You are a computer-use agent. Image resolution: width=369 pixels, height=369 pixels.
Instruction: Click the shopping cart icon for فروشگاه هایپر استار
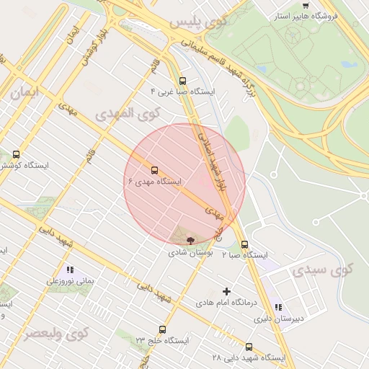(x=306, y=6)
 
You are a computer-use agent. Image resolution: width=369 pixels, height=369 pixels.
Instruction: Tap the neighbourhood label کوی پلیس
(x=198, y=22)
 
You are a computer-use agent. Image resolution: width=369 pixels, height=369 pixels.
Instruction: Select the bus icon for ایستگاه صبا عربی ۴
(x=182, y=81)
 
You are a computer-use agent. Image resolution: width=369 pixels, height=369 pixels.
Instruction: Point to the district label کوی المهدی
(x=125, y=114)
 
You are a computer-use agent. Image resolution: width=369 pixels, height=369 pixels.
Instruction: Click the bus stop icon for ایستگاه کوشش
(x=17, y=154)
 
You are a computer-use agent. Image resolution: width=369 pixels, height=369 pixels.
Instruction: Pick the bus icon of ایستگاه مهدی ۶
(x=154, y=171)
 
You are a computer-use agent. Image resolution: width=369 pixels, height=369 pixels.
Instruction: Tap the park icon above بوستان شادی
(x=190, y=241)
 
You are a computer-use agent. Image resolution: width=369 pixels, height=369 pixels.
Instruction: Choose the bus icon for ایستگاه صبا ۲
(x=244, y=244)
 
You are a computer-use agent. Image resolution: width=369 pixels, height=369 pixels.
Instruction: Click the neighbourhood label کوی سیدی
(x=324, y=270)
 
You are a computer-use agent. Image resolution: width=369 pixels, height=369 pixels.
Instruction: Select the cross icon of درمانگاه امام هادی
(x=227, y=292)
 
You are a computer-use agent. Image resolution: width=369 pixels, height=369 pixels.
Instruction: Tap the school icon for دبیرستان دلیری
(x=278, y=308)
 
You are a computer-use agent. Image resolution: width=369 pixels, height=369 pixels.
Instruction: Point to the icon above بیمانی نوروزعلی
(x=70, y=270)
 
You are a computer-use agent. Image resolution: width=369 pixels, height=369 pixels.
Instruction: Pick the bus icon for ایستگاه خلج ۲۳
(x=162, y=329)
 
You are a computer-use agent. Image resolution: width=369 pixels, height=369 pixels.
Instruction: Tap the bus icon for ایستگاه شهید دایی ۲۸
(x=249, y=347)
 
